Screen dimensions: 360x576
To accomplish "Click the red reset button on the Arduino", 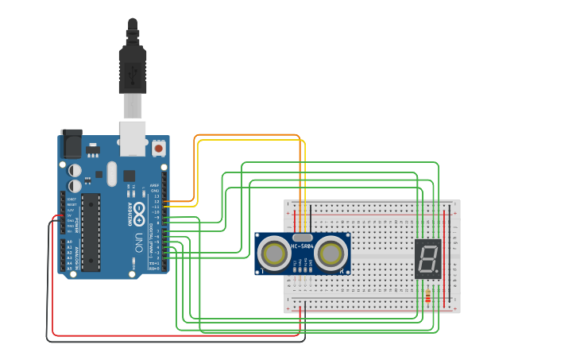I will click(158, 148).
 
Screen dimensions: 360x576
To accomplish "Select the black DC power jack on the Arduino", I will click(72, 144).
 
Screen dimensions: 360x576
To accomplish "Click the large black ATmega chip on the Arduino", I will click(91, 231).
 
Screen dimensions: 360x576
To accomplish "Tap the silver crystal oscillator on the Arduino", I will click(112, 173).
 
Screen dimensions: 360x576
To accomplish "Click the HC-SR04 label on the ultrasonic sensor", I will click(303, 246).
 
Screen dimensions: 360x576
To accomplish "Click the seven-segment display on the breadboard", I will click(427, 258).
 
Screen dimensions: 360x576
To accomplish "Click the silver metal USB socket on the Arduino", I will click(133, 137).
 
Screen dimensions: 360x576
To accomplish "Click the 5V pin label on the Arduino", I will click(70, 215).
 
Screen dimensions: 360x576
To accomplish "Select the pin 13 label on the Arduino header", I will click(157, 195).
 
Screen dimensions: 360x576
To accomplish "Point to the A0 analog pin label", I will click(70, 242).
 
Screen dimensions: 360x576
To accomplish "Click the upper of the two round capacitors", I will click(75, 170).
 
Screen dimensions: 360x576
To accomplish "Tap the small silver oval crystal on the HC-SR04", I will click(302, 237).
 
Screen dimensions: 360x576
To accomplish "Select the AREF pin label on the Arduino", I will click(156, 185).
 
